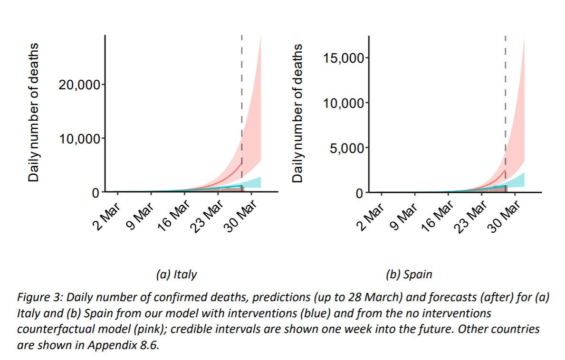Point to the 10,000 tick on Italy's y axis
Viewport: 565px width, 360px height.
(79, 139)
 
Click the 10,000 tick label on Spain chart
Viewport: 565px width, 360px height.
(343, 103)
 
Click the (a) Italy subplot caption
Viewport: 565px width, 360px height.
(176, 274)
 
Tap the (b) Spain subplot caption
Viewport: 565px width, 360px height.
(409, 274)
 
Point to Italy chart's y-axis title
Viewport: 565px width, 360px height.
(33, 113)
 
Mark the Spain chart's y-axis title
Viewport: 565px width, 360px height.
(297, 113)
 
